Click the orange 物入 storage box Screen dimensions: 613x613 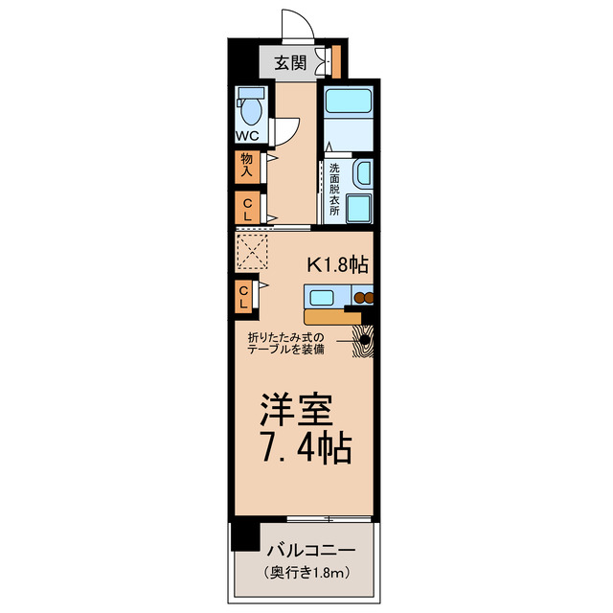tap(246, 165)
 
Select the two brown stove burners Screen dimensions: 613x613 tap(362, 297)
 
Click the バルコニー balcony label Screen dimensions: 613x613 tap(312, 550)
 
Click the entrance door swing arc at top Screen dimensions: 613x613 tap(296, 24)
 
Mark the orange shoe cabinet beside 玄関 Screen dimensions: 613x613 tap(336, 59)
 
